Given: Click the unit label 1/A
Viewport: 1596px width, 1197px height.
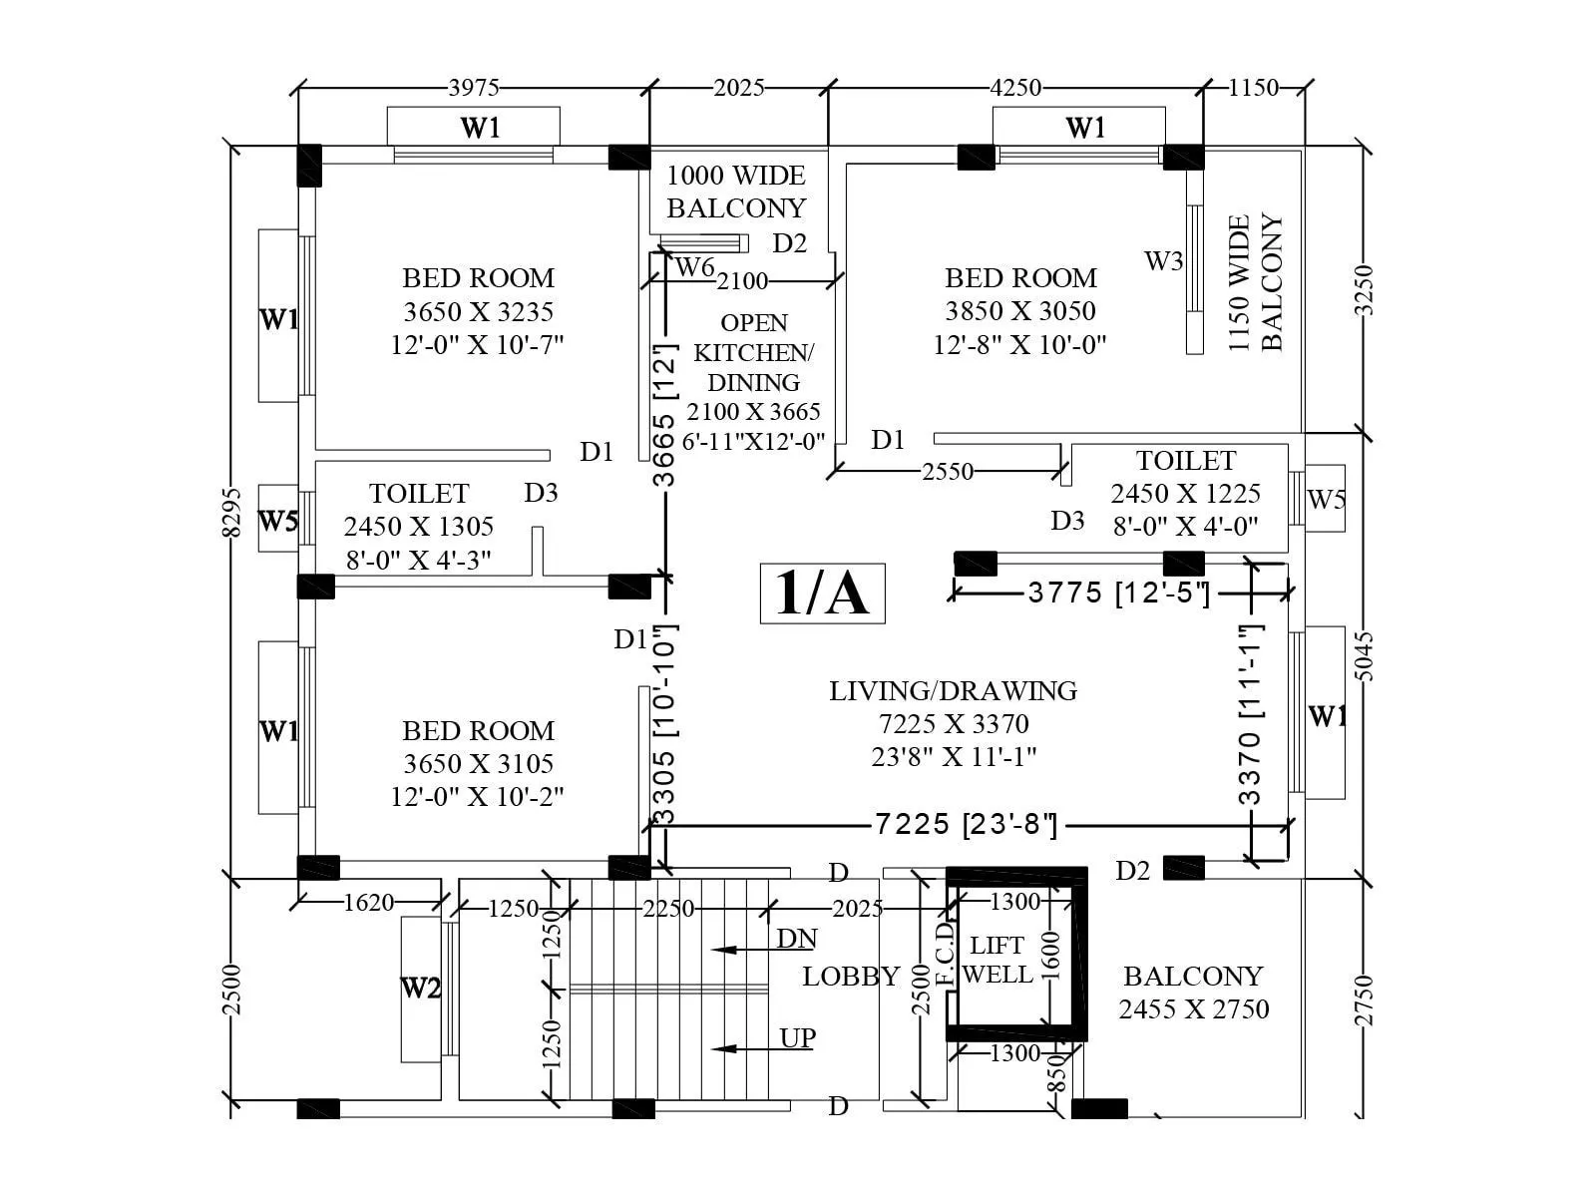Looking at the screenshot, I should click(x=822, y=593).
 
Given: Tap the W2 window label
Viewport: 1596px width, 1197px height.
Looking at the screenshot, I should click(x=420, y=989).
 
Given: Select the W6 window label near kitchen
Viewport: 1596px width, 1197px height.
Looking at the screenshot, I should click(x=694, y=267).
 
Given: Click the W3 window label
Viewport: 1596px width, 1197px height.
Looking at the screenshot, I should click(x=1163, y=261).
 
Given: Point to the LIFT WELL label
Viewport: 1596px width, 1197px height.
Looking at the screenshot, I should click(x=997, y=960).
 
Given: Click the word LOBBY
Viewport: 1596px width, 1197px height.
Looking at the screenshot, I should click(x=851, y=977).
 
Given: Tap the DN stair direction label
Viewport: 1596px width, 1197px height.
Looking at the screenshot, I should click(x=797, y=939).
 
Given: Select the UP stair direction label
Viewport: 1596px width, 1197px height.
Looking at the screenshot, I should click(x=797, y=1038).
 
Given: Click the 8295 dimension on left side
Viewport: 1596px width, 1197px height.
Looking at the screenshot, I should click(x=231, y=511).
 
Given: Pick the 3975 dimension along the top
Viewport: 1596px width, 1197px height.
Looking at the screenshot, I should click(x=474, y=88).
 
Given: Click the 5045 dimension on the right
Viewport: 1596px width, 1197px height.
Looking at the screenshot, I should click(x=1365, y=655).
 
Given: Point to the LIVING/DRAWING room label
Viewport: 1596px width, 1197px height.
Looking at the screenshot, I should click(x=953, y=690).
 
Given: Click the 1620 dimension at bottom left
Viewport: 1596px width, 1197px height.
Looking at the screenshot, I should click(x=368, y=903).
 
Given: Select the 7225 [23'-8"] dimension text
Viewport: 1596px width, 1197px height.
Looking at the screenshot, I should click(x=965, y=824).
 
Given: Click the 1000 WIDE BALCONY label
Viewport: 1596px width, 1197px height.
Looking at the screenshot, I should click(x=736, y=192).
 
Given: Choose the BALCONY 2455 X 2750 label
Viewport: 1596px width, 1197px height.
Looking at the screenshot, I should click(x=1193, y=992).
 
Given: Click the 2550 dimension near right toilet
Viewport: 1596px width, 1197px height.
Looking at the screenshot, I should click(x=947, y=471).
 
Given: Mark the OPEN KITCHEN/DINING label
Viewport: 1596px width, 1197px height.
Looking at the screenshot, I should click(x=753, y=352).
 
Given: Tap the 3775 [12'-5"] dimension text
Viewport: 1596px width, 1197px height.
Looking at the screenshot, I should click(x=1118, y=593).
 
